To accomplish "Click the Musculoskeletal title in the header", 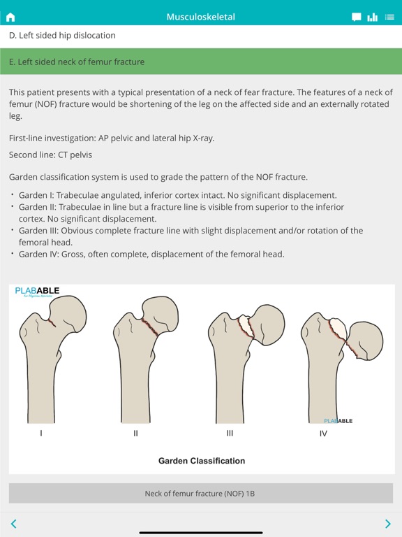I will coord(201,17).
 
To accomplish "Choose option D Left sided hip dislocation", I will coord(62,35).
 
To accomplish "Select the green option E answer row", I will coord(201,62).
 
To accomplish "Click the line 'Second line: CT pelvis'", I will coord(50,155).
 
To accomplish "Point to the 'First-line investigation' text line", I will coord(112,138).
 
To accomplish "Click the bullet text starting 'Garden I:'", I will coord(177,195).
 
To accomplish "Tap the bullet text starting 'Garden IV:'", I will coord(151,254).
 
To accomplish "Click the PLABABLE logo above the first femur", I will coord(38,291).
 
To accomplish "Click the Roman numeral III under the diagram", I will coord(230,434).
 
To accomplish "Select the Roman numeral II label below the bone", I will coord(136,434).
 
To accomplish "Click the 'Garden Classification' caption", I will coord(202,461).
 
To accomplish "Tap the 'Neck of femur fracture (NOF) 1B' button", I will coord(200,493).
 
